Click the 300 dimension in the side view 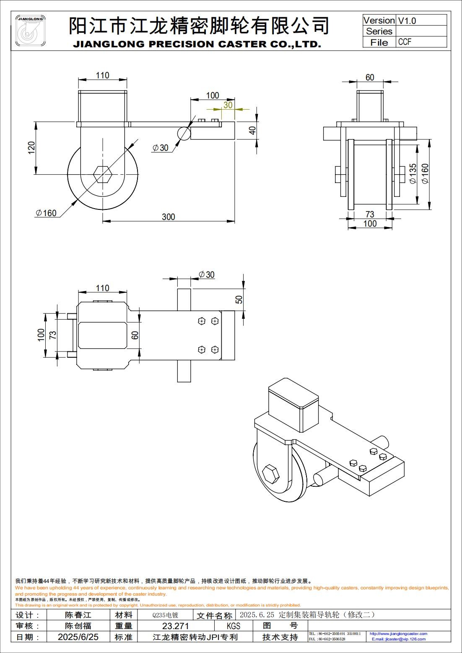point(168,217)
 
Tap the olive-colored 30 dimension point(228,104)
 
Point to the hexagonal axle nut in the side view point(102,174)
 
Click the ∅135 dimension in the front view point(413,173)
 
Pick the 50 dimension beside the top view point(239,299)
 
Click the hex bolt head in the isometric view point(270,475)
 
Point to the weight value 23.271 point(175,626)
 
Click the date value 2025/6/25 point(78,637)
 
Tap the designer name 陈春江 point(78,615)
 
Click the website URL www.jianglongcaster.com point(398,634)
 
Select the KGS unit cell point(233,626)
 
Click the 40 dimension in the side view point(252,130)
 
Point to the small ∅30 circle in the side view point(184,133)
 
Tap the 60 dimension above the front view point(370,77)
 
